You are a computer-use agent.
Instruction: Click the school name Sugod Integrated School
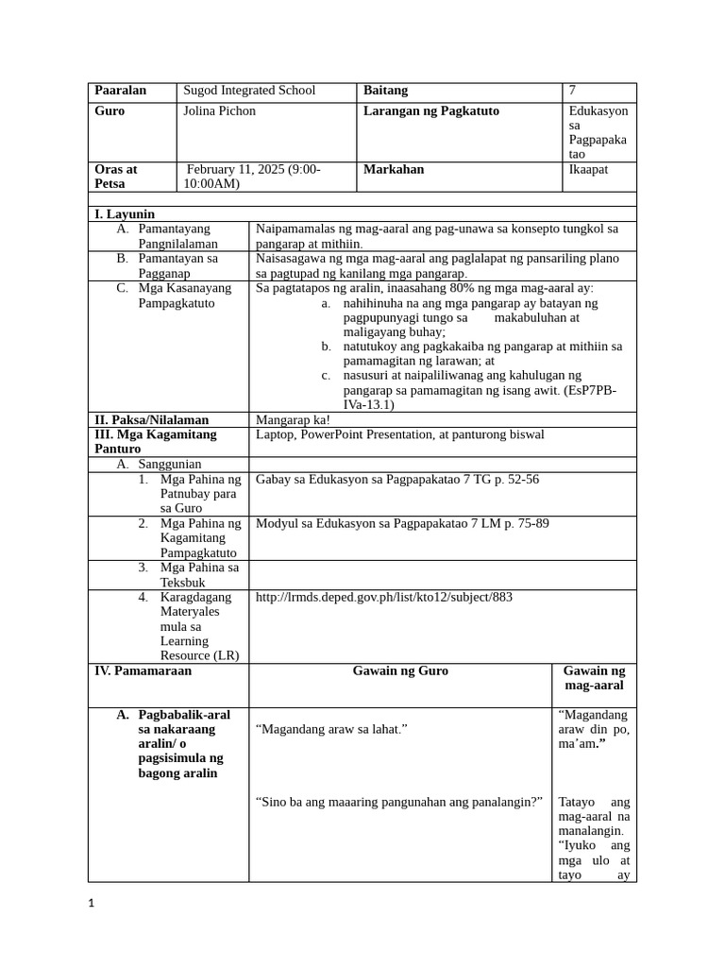249,91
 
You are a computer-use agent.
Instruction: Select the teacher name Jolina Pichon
219,111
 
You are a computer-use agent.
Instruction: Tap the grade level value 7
572,91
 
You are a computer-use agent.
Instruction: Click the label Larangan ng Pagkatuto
431,111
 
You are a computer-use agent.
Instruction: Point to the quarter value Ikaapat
588,170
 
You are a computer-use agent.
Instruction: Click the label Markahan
394,170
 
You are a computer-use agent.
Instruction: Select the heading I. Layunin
125,214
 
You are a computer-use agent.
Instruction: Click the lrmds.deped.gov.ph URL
384,598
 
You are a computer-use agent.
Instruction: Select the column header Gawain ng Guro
400,671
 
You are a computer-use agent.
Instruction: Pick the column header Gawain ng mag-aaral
594,678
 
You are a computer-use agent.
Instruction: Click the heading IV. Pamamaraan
143,671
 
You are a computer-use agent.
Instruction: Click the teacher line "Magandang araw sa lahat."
331,730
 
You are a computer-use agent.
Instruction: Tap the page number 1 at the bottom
92,904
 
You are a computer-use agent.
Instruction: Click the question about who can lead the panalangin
399,802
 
